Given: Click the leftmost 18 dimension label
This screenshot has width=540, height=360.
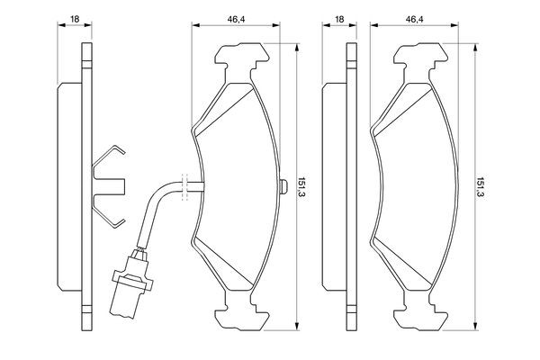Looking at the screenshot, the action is pos(75,19).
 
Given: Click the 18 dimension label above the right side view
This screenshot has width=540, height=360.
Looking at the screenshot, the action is pos(339,19).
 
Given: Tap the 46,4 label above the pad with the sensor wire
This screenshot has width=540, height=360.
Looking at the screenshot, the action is pos(236,19).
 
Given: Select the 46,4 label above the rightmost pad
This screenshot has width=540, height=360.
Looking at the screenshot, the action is pos(414,19).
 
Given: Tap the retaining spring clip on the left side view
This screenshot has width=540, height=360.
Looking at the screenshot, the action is pos(109,186).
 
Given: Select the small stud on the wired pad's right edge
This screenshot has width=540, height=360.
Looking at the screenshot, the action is pos(283,186).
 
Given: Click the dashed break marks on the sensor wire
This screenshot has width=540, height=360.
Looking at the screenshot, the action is pos(184,186).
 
